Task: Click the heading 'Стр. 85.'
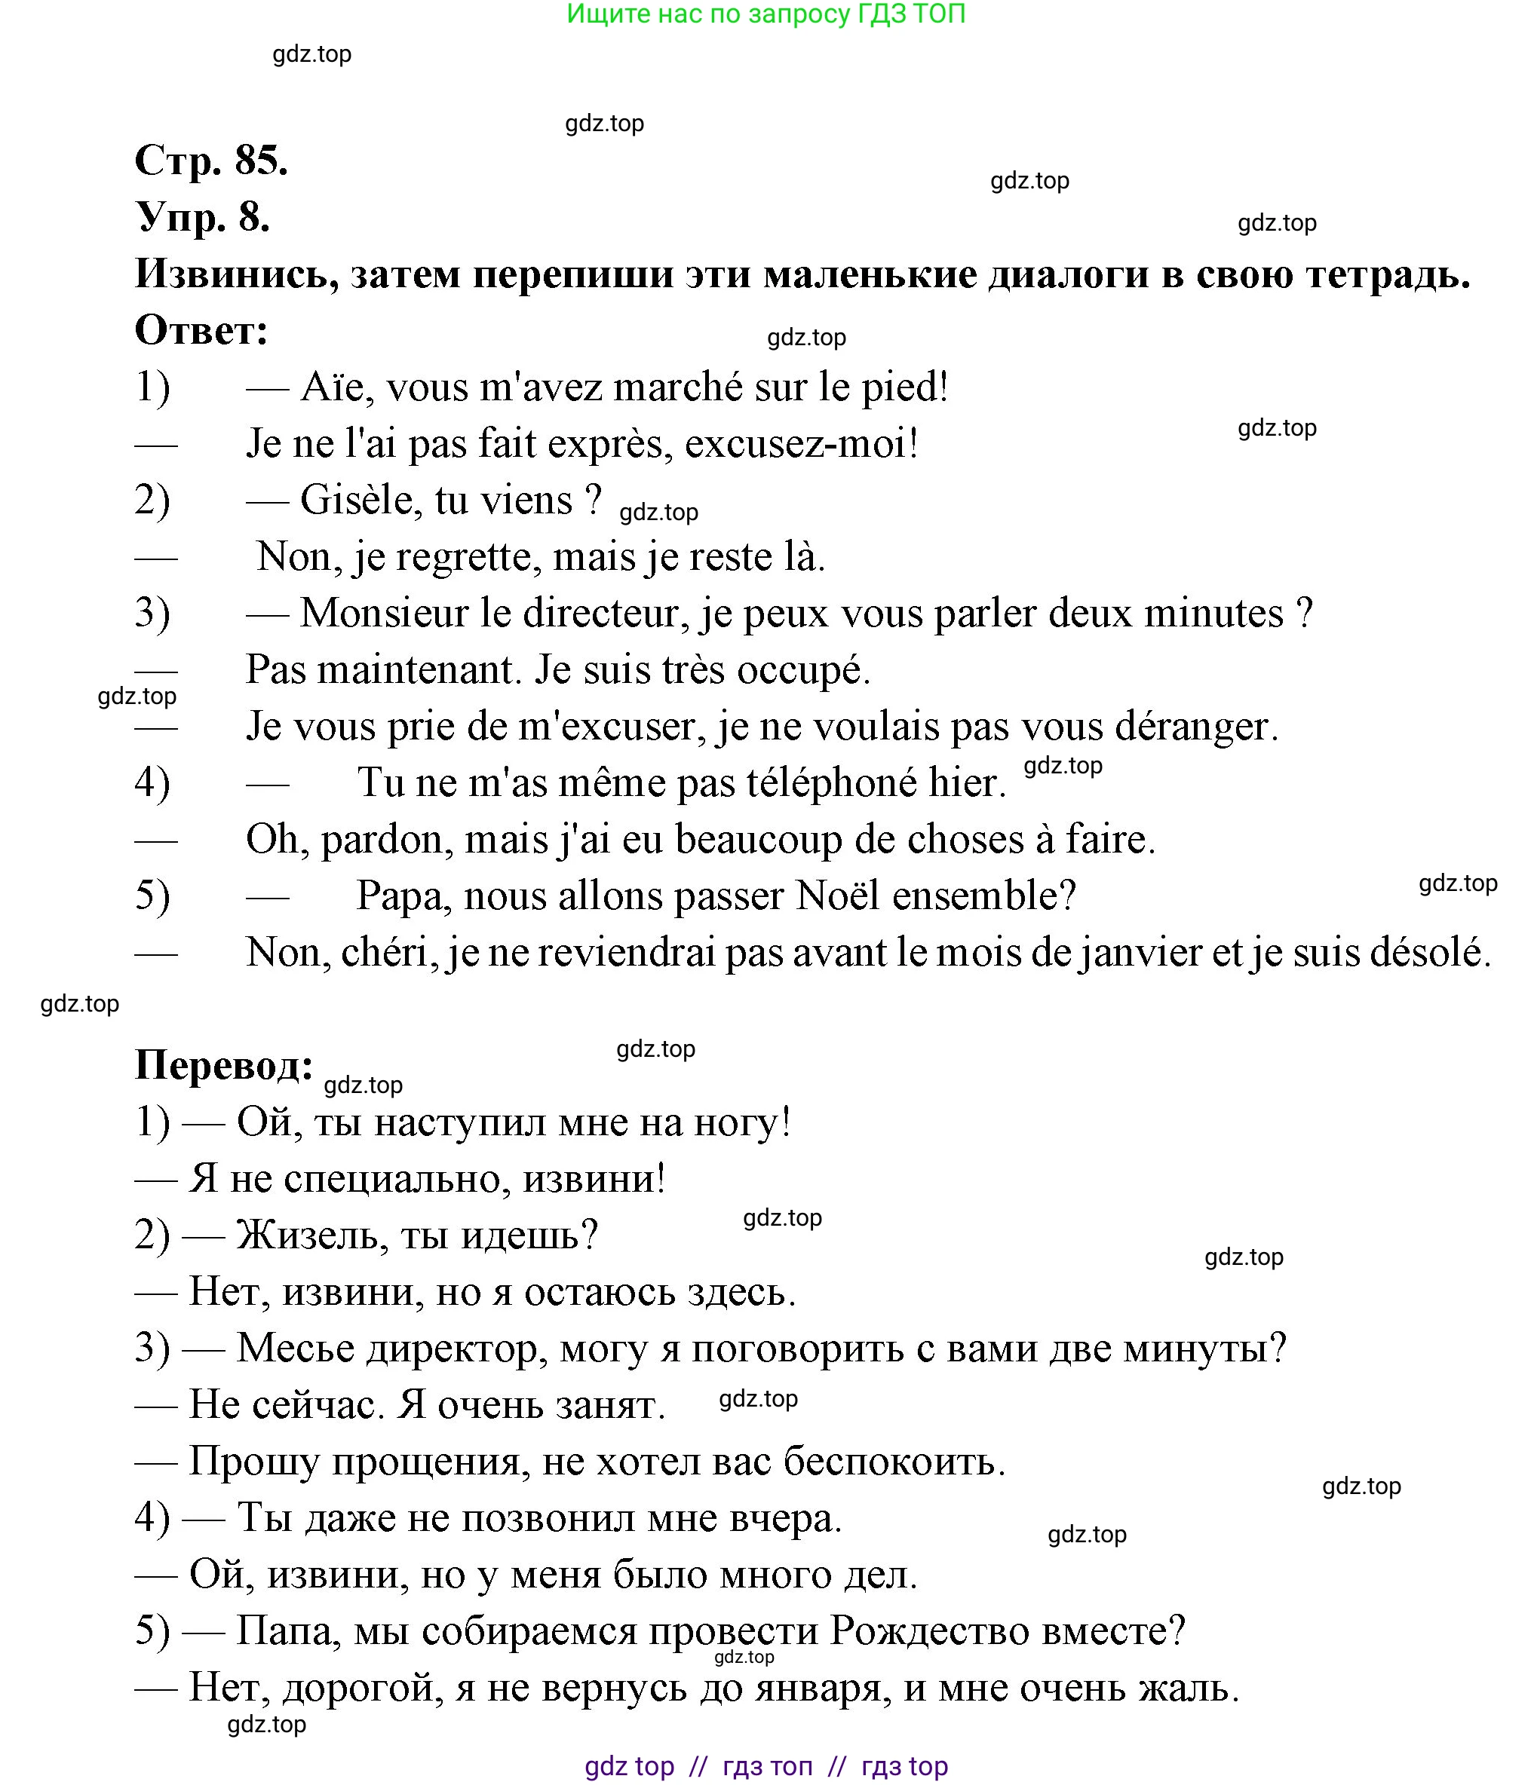point(211,161)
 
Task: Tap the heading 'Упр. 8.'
point(203,217)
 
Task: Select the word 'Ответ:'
point(201,331)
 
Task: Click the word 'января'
point(821,1688)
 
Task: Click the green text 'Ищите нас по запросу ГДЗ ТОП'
point(766,14)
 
